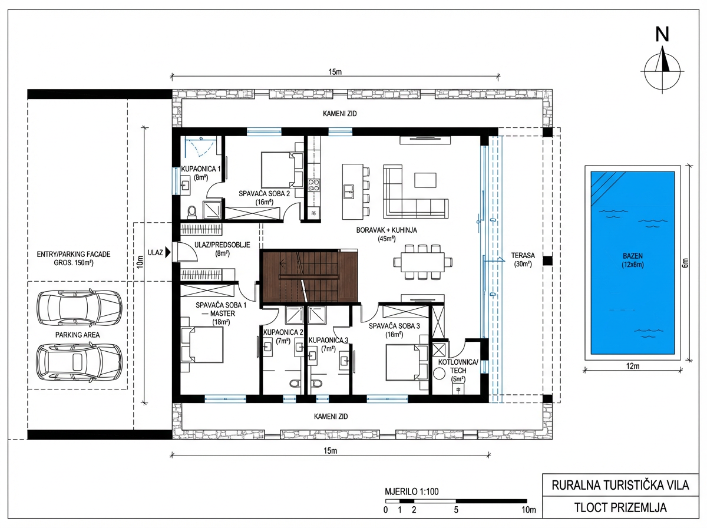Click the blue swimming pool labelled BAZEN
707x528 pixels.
[632, 263]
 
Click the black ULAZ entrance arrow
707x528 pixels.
[168, 252]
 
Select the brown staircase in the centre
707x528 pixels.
[309, 276]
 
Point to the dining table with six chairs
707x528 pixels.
[422, 262]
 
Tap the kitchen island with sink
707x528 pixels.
[353, 192]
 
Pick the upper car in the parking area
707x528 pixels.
[80, 308]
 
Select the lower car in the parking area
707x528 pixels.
[79, 361]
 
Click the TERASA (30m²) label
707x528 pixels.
[523, 260]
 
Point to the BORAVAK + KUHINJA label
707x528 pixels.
[386, 234]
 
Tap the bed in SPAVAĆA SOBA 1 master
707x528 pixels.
[202, 345]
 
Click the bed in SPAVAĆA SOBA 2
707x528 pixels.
[282, 170]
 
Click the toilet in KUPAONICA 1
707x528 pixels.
[192, 212]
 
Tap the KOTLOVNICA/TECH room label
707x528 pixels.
[458, 370]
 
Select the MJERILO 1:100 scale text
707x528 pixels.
[412, 491]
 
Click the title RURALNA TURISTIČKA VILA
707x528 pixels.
[620, 485]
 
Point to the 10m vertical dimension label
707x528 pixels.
[140, 262]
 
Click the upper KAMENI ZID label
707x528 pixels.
[340, 113]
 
